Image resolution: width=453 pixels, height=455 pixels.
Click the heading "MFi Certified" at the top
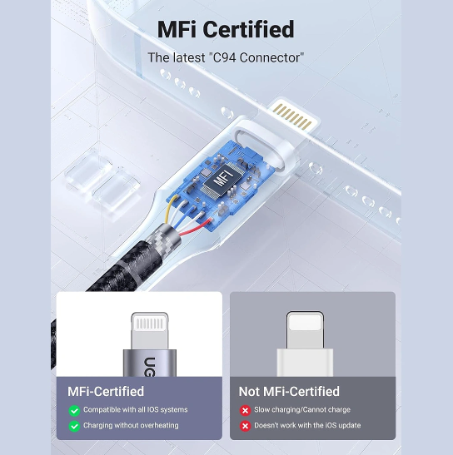click(x=226, y=29)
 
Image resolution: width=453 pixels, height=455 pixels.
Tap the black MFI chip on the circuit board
click(x=223, y=178)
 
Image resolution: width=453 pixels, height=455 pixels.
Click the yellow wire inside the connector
click(x=170, y=208)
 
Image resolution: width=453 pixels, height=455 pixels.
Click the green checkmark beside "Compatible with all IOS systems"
click(x=74, y=410)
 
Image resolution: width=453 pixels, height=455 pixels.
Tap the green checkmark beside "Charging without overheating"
click(x=74, y=426)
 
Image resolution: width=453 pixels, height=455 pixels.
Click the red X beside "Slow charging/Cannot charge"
click(x=246, y=410)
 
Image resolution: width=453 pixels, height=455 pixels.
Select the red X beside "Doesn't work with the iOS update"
click(x=246, y=426)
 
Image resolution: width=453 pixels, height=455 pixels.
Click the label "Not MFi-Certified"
click(x=289, y=392)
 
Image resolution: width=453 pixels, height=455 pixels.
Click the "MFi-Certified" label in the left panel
click(x=106, y=392)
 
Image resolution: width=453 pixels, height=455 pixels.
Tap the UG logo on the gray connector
click(x=150, y=367)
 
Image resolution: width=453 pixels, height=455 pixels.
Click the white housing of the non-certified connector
click(x=305, y=363)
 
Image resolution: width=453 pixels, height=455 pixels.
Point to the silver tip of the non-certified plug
click(x=305, y=330)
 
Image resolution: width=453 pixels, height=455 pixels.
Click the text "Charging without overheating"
click(x=131, y=425)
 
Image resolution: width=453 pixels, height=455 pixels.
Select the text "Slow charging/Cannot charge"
click(x=302, y=410)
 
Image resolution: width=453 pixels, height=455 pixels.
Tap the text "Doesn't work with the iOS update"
click(x=307, y=425)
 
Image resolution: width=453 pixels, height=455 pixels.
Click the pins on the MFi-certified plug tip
click(x=150, y=324)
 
